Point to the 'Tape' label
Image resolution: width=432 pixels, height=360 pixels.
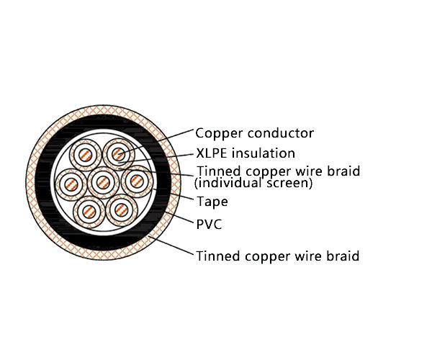(212, 202)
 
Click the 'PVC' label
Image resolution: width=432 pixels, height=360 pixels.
(209, 225)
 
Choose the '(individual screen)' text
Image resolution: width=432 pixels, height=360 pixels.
(254, 184)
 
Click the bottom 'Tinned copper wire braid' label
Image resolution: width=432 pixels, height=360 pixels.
(277, 256)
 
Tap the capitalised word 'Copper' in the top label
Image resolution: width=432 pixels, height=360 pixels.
(218, 133)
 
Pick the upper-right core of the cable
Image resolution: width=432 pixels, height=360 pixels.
(118, 154)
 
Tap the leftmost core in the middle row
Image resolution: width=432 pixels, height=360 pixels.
(71, 183)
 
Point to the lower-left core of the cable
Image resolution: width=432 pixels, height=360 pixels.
(88, 211)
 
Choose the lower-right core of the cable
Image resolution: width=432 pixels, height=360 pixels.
(121, 210)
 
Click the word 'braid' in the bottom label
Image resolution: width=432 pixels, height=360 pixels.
(343, 256)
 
